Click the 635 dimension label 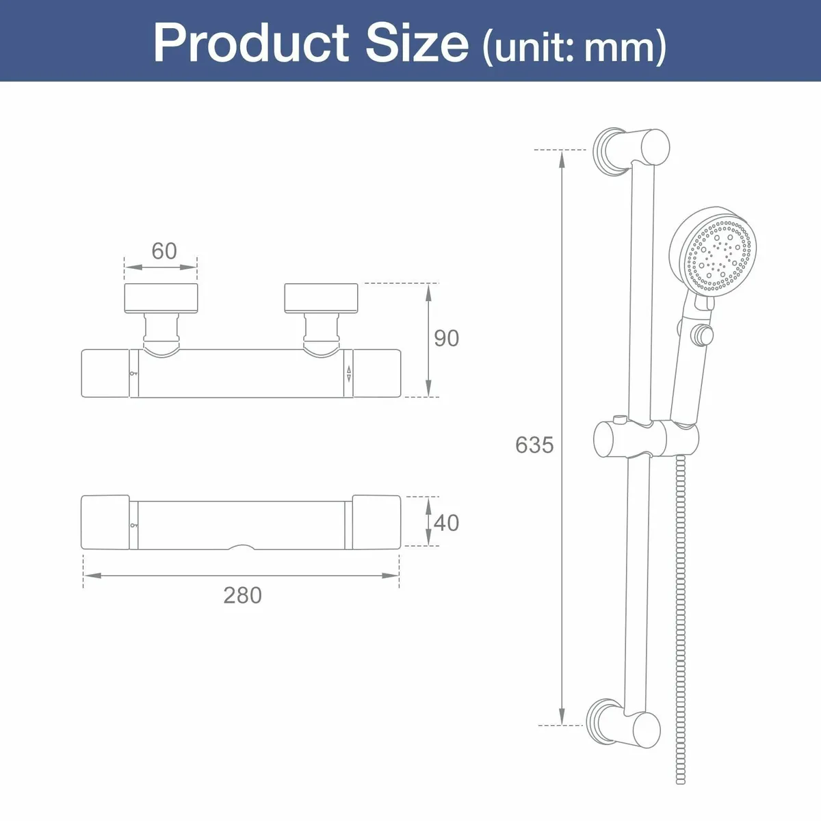click(534, 445)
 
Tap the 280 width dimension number click(242, 595)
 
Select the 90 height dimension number click(446, 338)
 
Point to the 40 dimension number click(446, 523)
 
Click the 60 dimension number click(164, 251)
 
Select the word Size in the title click(417, 43)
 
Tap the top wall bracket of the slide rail click(629, 148)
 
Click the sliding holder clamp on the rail click(645, 439)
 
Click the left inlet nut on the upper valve click(161, 298)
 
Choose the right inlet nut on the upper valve click(322, 298)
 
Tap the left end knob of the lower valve click(105, 522)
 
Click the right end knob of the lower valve click(376, 522)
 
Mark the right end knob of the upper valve click(376, 372)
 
